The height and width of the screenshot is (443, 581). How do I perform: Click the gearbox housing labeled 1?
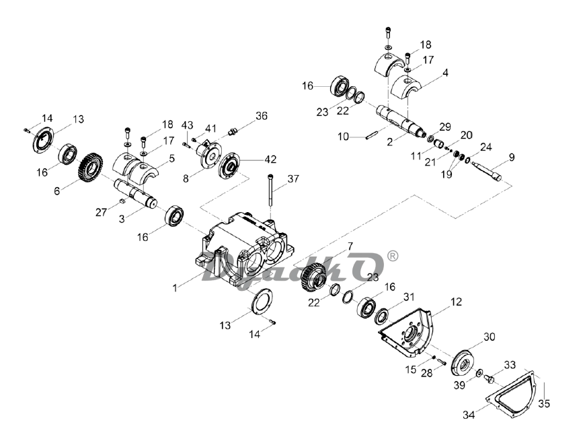pyautogui.click(x=245, y=248)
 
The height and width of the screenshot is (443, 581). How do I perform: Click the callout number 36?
pyautogui.click(x=262, y=116)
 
